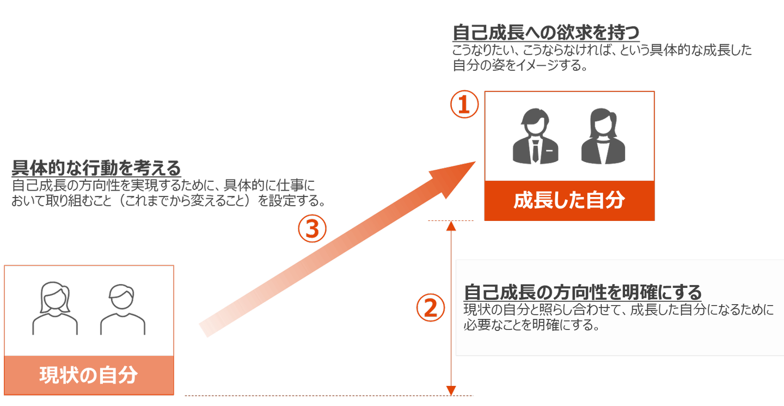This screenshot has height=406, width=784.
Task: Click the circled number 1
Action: [464, 105]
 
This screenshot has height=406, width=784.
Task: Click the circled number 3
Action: [312, 229]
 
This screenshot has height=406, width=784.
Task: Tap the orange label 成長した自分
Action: [569, 201]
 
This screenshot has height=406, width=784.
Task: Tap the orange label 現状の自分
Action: [89, 376]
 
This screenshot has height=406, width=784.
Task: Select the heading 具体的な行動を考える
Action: [96, 168]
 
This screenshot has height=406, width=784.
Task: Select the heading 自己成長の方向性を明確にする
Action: [583, 292]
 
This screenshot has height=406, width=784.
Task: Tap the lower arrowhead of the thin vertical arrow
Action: [451, 391]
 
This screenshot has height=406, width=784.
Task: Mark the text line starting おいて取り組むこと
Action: [168, 201]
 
